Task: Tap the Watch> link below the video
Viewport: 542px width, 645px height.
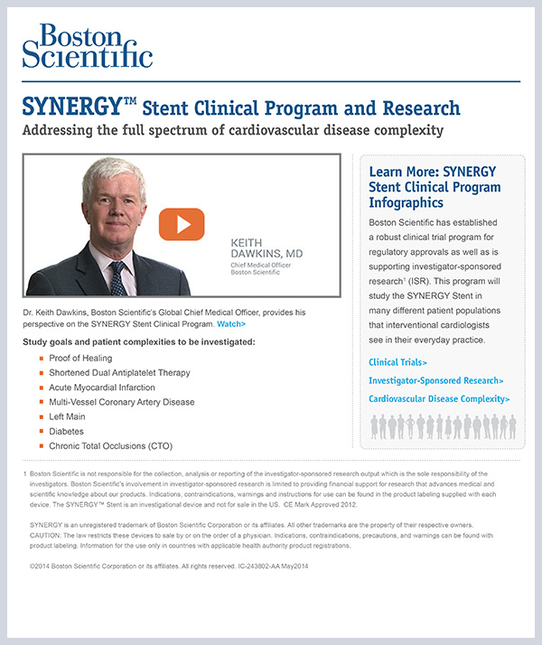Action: pos(231,323)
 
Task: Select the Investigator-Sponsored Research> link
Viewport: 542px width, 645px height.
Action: pos(436,380)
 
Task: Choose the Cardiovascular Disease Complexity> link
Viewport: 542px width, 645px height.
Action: pos(439,398)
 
